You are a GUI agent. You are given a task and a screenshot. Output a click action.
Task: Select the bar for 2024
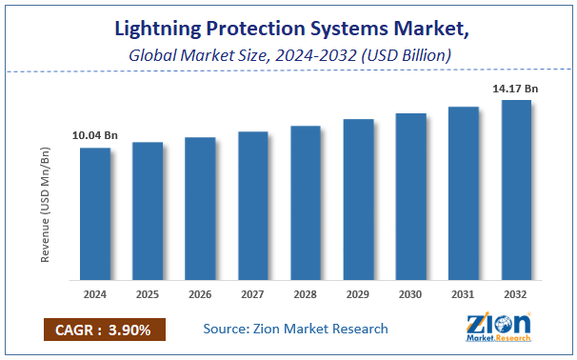(94, 214)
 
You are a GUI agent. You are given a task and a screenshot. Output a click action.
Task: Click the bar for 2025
(148, 211)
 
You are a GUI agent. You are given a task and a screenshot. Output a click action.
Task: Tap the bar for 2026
(200, 209)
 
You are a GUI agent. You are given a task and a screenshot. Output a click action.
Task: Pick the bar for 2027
(252, 206)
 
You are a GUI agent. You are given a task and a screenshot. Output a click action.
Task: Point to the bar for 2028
(305, 203)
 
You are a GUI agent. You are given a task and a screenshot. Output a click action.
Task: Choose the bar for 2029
(358, 200)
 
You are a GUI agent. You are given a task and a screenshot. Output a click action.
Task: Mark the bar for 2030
(410, 197)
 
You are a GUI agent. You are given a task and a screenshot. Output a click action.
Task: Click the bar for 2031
(463, 193)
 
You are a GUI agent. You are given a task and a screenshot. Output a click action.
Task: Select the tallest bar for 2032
(515, 190)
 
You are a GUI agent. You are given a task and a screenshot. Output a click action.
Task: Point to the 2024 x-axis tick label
(94, 294)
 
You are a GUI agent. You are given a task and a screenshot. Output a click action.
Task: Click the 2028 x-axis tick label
(305, 294)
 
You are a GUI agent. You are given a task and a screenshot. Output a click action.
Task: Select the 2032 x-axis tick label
(515, 294)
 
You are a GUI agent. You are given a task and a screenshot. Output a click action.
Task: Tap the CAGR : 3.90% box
(105, 330)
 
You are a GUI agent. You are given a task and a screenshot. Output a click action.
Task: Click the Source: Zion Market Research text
(296, 329)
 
